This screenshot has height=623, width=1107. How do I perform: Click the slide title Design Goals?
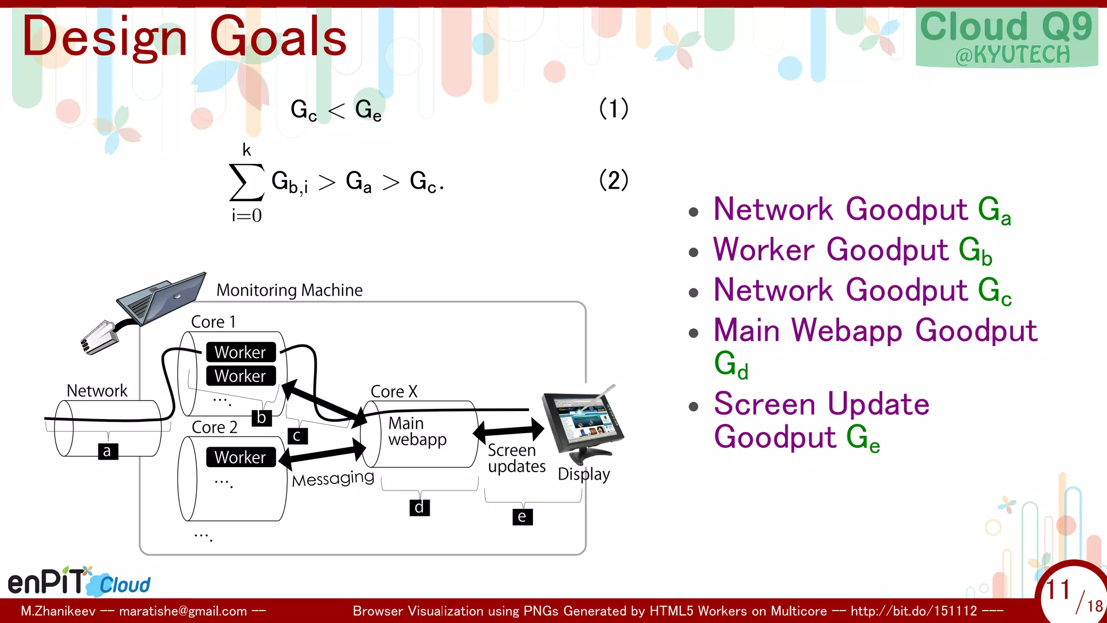point(184,37)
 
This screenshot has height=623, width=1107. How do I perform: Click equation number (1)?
point(613,108)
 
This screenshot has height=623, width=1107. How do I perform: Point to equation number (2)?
point(613,180)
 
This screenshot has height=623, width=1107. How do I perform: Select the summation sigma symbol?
point(246,182)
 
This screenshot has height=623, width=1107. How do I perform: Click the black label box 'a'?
point(108,451)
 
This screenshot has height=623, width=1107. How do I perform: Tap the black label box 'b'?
point(262,417)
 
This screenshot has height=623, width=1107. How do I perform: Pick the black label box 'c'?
point(297,436)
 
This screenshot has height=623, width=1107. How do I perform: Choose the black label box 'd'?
point(419,507)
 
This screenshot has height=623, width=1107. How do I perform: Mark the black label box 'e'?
point(522,516)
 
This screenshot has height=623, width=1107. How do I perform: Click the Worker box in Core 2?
point(241,457)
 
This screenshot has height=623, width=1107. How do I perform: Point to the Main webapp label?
point(417,431)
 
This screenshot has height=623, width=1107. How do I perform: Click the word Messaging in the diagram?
point(333,478)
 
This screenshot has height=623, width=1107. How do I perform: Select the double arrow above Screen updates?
point(509,430)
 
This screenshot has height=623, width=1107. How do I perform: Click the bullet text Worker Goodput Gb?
point(852,250)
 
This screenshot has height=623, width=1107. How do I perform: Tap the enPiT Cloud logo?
point(79,582)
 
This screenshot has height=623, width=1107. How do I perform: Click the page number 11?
point(1057,589)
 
